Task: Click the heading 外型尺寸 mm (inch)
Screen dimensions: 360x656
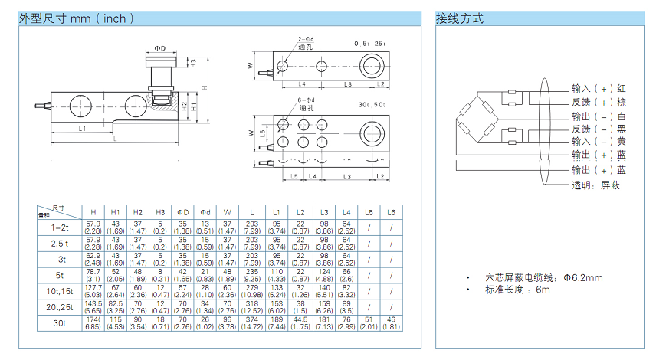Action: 77,18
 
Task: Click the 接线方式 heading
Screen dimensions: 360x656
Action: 460,18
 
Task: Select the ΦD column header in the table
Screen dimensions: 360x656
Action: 183,211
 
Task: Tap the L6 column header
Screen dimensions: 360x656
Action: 391,211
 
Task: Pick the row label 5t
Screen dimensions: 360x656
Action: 59,273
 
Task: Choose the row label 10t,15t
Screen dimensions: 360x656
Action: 59,290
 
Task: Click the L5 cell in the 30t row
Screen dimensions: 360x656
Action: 368,324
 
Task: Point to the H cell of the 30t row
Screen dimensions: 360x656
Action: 93,324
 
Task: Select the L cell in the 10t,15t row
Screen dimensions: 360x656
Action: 251,290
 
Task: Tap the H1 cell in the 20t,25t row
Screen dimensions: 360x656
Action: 116,307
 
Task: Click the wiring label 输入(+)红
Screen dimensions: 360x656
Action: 599,88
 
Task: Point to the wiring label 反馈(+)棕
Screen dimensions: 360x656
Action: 599,102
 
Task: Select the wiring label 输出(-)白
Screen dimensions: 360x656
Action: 599,116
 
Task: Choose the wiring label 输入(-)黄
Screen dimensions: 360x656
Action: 599,142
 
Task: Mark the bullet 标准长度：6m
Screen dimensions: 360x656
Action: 517,290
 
